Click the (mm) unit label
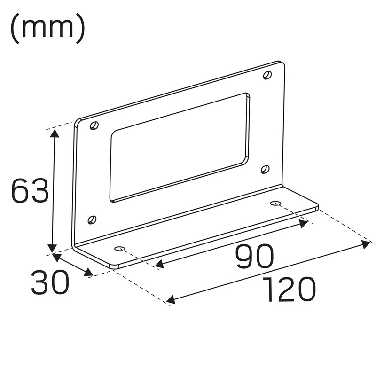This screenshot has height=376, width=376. coord(48,28)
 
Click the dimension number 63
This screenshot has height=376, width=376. coord(30,191)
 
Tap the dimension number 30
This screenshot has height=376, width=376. coord(50,282)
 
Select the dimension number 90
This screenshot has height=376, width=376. coord(254,256)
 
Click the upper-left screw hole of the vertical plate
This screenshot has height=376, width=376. coord(94,125)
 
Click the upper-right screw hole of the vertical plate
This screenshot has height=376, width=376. coord(267,75)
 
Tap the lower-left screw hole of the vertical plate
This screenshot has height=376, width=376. coord(92,219)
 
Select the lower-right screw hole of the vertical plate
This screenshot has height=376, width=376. coord(265,169)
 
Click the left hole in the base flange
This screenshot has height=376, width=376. coord(120,249)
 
